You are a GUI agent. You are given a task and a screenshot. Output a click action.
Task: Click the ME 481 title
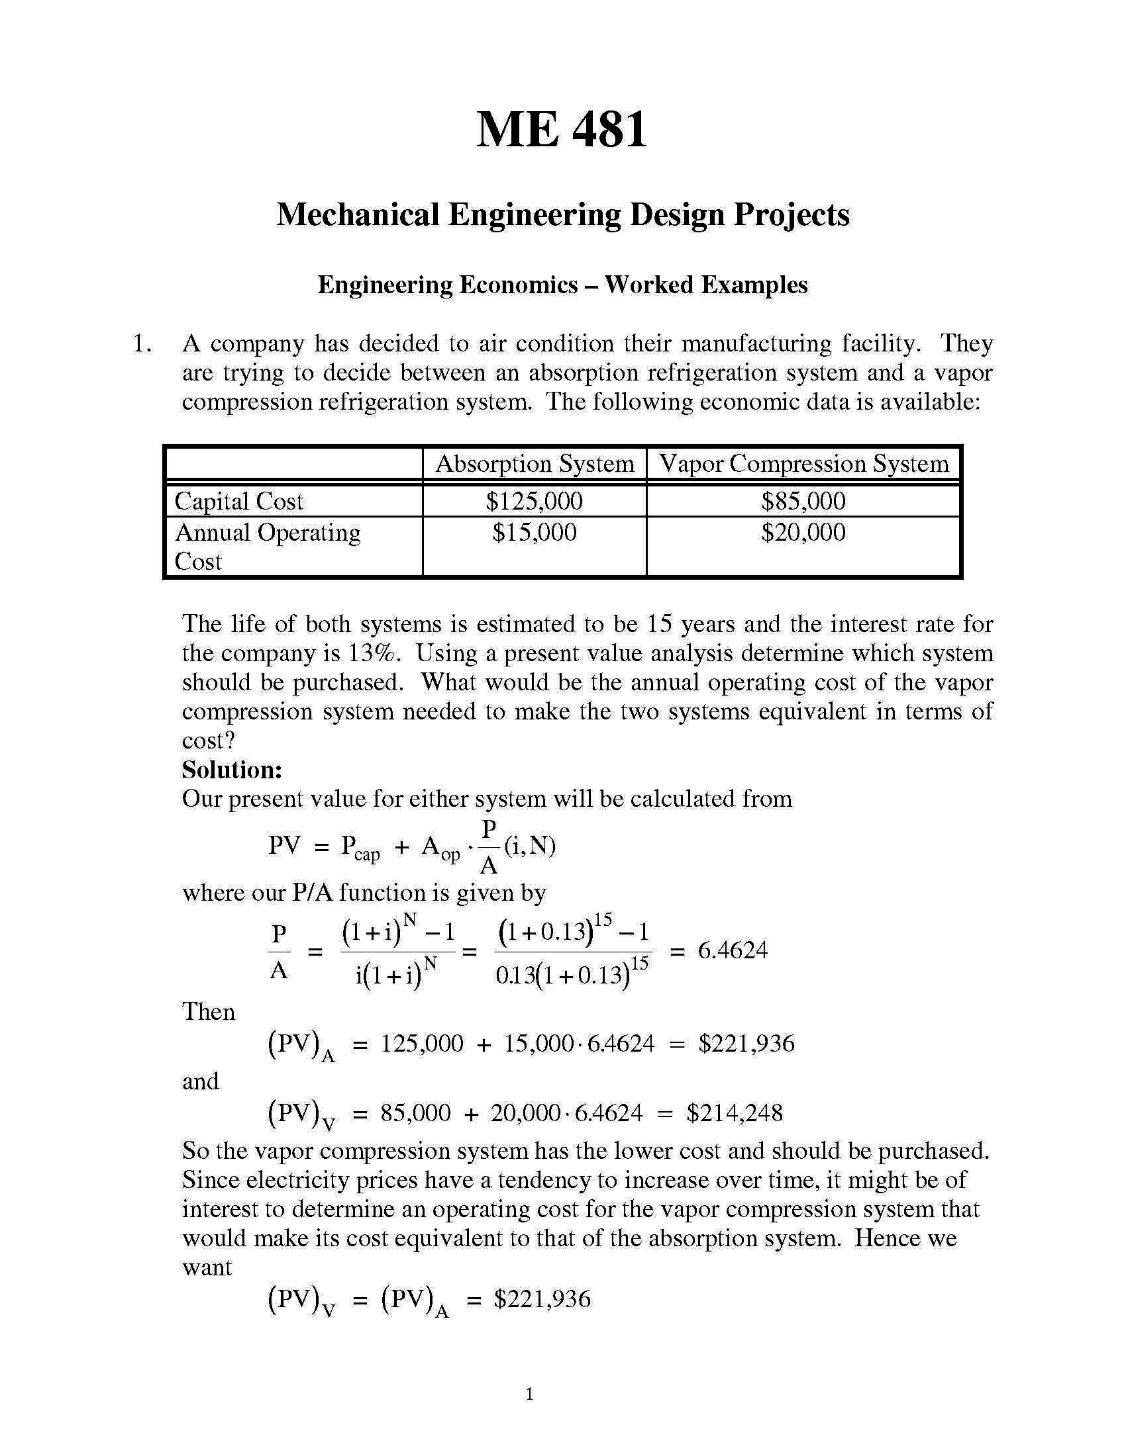(562, 129)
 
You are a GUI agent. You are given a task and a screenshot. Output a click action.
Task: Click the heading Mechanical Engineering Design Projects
(562, 214)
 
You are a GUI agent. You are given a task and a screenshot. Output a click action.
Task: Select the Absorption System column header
(535, 463)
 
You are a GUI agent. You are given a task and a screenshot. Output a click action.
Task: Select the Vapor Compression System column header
(804, 463)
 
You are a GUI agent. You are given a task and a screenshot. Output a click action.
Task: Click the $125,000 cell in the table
(535, 501)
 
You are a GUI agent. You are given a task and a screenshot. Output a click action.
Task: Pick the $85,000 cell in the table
(803, 501)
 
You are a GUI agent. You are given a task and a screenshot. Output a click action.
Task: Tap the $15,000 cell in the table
(535, 532)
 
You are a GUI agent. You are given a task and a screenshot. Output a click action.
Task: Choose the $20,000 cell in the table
(803, 532)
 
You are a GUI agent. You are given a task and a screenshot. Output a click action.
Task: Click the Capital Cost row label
(239, 502)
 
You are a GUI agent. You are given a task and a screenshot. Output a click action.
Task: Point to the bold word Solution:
(232, 770)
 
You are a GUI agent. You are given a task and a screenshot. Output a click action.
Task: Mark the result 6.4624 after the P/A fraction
(733, 950)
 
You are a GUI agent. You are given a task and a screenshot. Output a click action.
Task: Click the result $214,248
(735, 1113)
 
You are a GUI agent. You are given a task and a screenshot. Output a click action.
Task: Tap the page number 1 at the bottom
(530, 1394)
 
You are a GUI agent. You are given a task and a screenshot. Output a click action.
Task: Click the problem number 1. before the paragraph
(142, 344)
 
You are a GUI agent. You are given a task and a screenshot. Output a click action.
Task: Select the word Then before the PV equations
(209, 1012)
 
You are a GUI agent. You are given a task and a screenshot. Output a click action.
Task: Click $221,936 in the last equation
(542, 1298)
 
